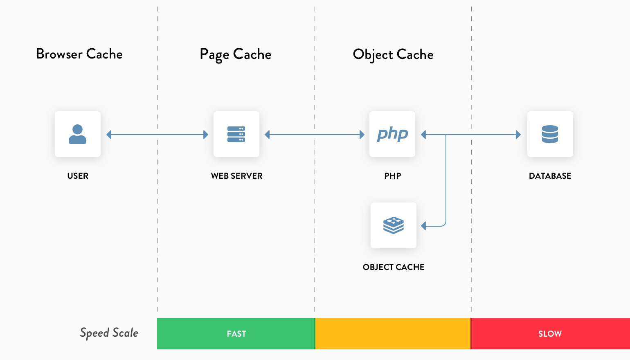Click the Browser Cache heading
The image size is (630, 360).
pos(79,54)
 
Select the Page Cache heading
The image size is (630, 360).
pos(236,54)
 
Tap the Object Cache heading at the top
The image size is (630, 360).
pos(393,54)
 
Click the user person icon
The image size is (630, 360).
pos(78,134)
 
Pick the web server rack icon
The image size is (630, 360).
pos(236,134)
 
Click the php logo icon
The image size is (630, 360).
pos(392,134)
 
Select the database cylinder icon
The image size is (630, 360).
pos(550,134)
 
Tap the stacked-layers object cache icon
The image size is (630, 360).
pos(394,225)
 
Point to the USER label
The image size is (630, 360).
pos(78,176)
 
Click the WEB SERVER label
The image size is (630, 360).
pos(236,176)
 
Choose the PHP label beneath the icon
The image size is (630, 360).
pos(393,176)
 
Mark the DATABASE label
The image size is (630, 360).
pos(550,176)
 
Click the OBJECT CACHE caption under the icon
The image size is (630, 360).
pos(394,267)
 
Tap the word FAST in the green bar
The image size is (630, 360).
pos(236,334)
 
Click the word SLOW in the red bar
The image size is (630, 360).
pos(550,334)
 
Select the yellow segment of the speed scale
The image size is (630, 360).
pos(393,334)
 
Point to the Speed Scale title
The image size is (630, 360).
pos(109,333)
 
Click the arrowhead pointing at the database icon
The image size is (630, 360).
pos(518,135)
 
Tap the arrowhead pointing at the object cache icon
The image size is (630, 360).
pos(424,226)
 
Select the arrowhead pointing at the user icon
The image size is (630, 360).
pos(109,135)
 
